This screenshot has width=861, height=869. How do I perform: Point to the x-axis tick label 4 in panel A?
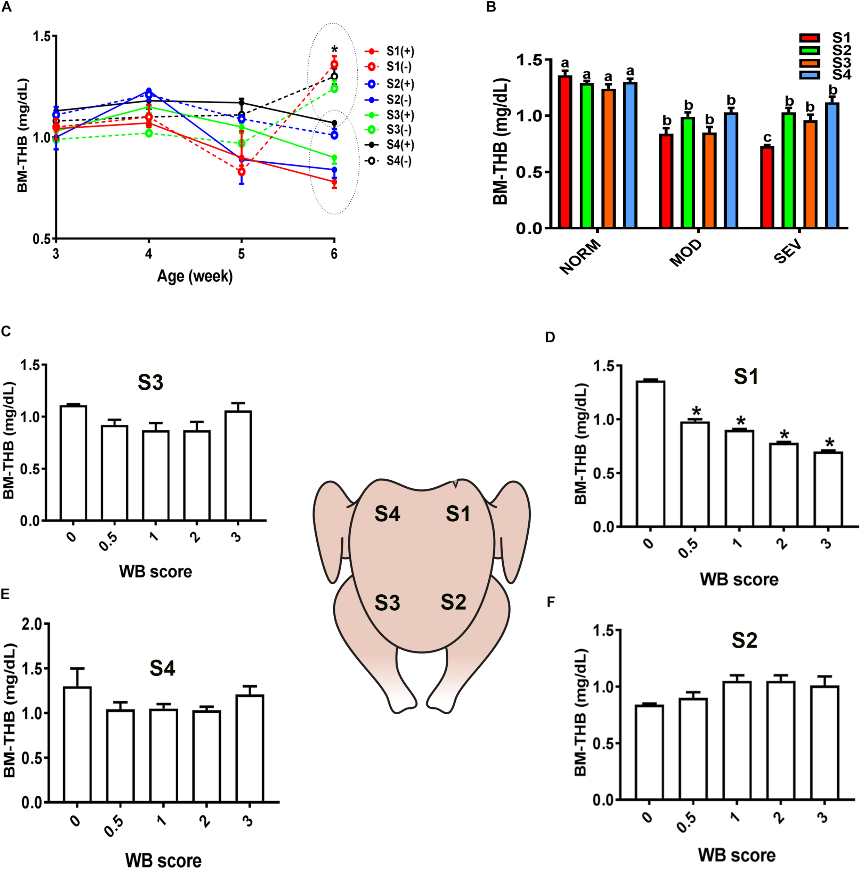tap(149, 254)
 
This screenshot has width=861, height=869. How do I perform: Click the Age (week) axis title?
tap(195, 276)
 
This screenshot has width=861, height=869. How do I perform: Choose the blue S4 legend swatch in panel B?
tap(809, 75)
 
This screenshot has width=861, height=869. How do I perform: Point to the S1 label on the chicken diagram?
tap(458, 514)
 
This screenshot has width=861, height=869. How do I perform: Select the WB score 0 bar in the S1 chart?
tap(648, 454)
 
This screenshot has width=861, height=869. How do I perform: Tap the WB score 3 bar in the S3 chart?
tap(238, 465)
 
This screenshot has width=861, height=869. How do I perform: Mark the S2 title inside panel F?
tap(744, 641)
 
